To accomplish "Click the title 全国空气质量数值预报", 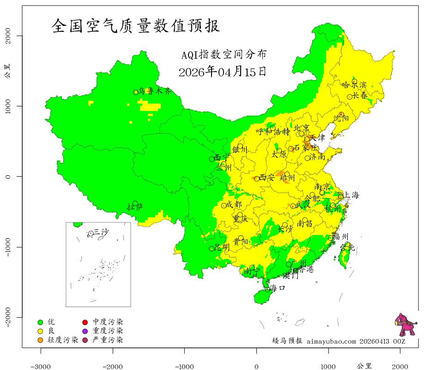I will (x=136, y=25).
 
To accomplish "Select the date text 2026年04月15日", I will (x=222, y=72).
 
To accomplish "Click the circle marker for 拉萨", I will (x=135, y=203).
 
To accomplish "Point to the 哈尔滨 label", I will (x=354, y=85).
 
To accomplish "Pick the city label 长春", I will (x=360, y=96).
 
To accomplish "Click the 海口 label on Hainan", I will (x=277, y=288).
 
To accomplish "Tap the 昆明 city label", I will (x=222, y=247).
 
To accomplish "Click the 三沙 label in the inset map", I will (x=101, y=232).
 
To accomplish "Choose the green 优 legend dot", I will (x=40, y=322).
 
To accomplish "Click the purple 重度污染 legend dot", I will (x=85, y=331).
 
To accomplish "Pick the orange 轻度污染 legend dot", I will (x=40, y=340).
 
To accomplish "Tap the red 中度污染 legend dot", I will (x=85, y=322).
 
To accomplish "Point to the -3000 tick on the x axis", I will (x=41, y=366).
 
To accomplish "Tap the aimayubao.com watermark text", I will (x=331, y=341).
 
